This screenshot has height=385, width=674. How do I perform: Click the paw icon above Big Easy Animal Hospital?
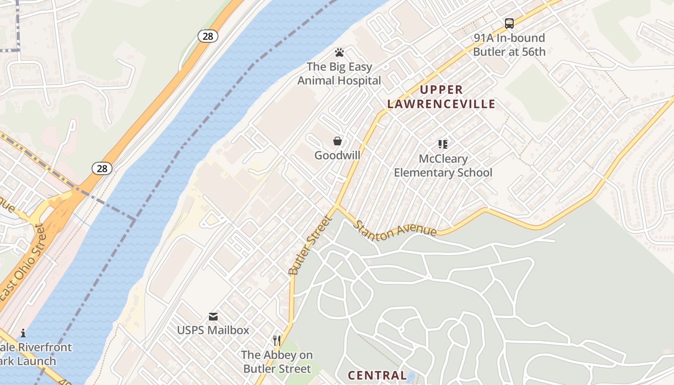(x=339, y=52)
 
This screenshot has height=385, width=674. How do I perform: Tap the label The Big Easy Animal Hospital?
(x=339, y=74)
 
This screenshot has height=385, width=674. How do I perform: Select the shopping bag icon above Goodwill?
(x=337, y=141)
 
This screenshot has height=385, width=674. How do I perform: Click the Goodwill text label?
(x=337, y=155)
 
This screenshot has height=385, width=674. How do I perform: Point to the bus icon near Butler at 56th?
(x=509, y=23)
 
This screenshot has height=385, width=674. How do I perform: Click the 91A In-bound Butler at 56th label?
(x=509, y=45)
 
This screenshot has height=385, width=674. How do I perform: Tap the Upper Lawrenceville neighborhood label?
(x=441, y=97)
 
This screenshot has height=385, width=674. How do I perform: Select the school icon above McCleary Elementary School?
(x=443, y=144)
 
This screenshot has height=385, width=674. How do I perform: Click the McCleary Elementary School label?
(x=443, y=166)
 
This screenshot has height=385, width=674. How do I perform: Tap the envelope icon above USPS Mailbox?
(x=213, y=316)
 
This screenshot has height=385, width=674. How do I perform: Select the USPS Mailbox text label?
(x=213, y=330)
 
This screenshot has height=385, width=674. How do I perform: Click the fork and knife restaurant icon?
(x=277, y=341)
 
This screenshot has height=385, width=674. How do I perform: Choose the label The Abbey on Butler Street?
(x=277, y=362)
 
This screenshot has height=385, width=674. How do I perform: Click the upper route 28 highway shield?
(x=208, y=36)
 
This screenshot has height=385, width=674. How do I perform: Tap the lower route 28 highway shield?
(x=102, y=168)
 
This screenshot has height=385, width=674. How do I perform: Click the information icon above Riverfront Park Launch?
(x=23, y=333)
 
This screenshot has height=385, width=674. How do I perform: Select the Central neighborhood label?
(x=377, y=375)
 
